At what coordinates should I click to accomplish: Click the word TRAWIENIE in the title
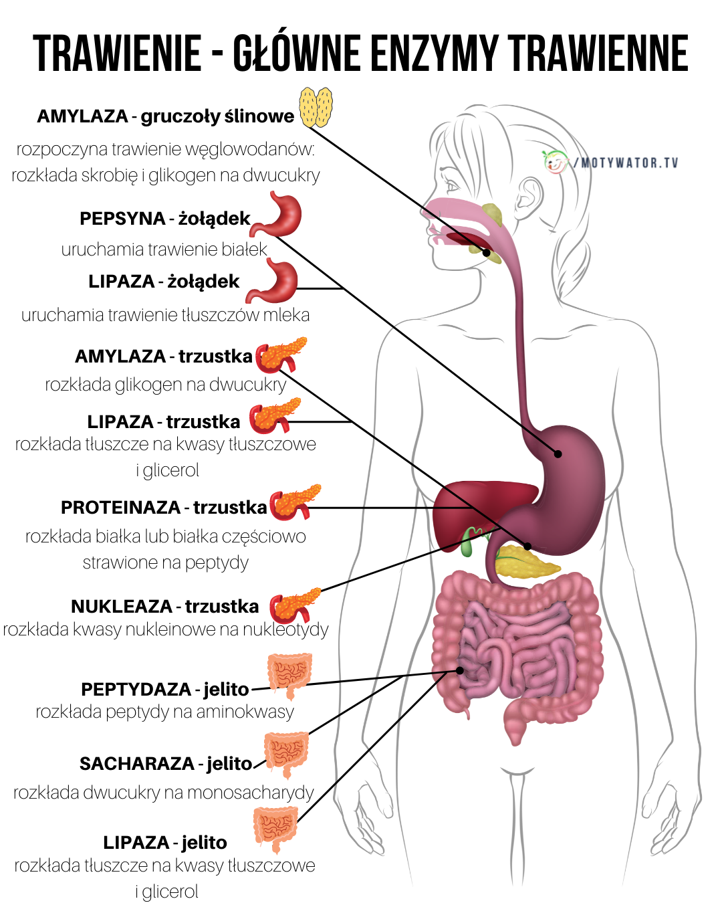point(117,54)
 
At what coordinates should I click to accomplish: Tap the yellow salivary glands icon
point(316,107)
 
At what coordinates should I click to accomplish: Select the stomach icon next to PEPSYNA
point(277,215)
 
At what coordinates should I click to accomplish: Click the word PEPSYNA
point(122,219)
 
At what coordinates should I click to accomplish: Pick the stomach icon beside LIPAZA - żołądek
point(272,281)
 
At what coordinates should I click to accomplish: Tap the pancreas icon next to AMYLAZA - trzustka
point(281,355)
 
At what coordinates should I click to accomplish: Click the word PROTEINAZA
point(121,508)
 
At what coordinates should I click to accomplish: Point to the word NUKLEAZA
point(122,607)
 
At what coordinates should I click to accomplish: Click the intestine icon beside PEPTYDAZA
point(290,675)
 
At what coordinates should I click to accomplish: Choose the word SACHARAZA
point(137,764)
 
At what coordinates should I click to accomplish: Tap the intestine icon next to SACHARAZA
point(286,754)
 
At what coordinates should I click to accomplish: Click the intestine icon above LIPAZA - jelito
point(275,829)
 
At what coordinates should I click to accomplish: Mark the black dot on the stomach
point(558,454)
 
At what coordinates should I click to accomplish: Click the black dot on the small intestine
point(460,670)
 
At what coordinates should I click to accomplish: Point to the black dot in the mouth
point(486,253)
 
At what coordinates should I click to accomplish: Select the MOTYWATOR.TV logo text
point(626,163)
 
